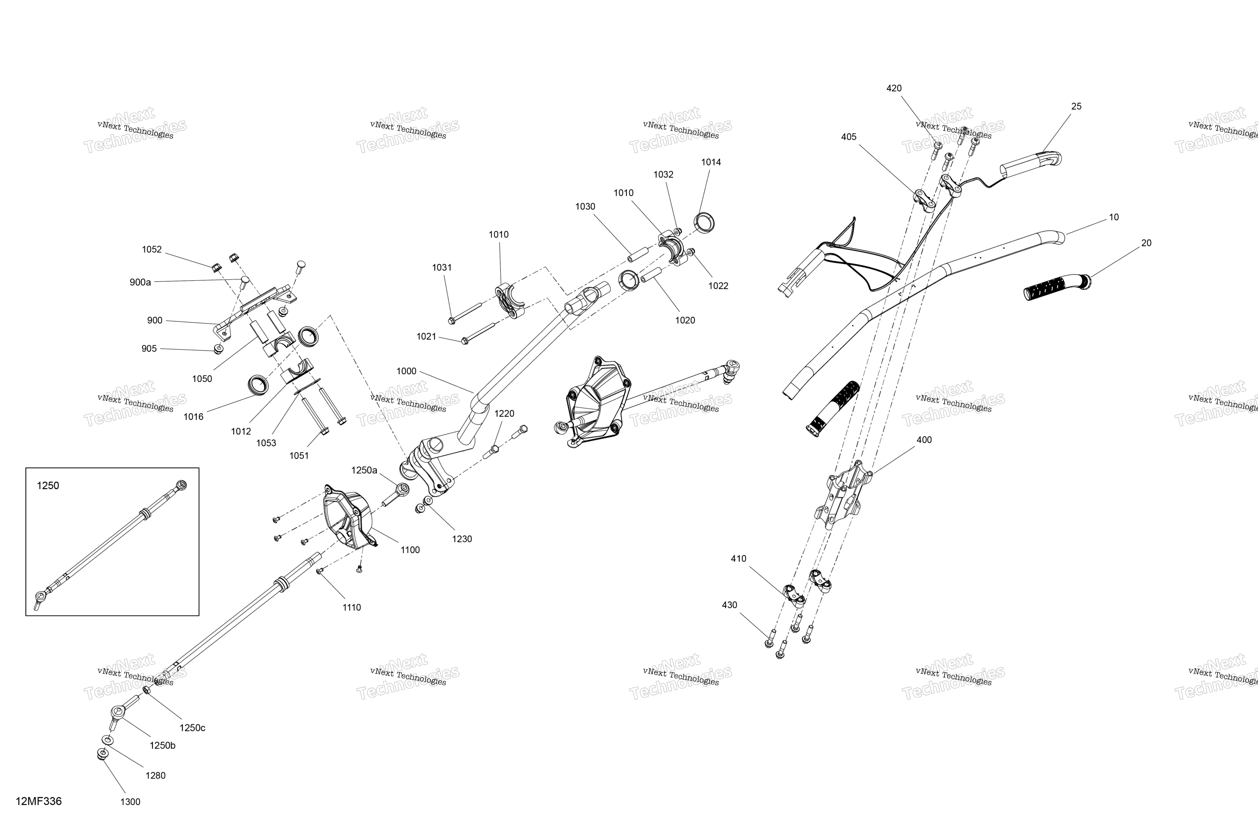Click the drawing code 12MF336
pyautogui.click(x=38, y=801)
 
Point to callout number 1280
pyautogui.click(x=155, y=775)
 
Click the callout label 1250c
pyautogui.click(x=192, y=728)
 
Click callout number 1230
pyautogui.click(x=462, y=539)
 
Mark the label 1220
pyautogui.click(x=504, y=413)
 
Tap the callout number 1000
pyautogui.click(x=406, y=371)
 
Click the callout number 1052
pyautogui.click(x=152, y=249)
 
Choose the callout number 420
pyautogui.click(x=894, y=88)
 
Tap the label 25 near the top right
pyautogui.click(x=1076, y=106)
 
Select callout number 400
pyautogui.click(x=924, y=439)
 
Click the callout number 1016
pyautogui.click(x=194, y=417)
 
